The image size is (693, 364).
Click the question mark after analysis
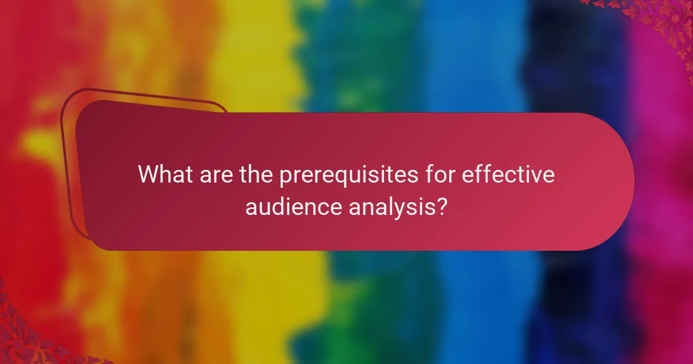(442, 206)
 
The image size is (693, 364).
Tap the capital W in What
(148, 175)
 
